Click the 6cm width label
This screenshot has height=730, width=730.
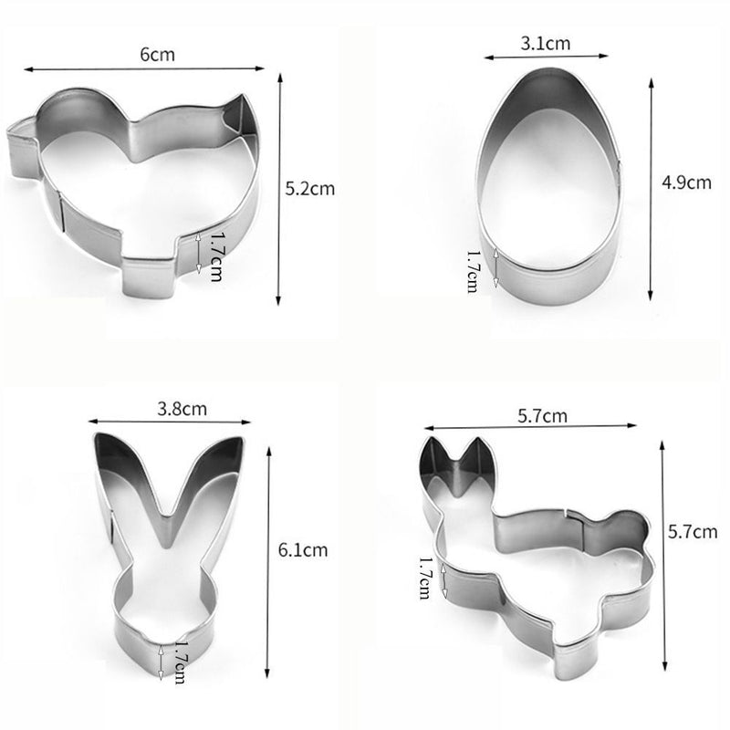tap(157, 55)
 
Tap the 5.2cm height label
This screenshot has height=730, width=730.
tap(309, 189)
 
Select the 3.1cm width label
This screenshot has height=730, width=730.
tap(545, 43)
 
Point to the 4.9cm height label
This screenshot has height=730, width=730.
tap(687, 182)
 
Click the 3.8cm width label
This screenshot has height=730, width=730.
tap(182, 409)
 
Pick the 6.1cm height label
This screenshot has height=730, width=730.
tap(303, 550)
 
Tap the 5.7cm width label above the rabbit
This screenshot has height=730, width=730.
tap(542, 416)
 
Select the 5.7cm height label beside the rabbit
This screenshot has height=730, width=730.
tap(693, 532)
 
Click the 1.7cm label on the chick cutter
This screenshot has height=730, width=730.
tap(215, 256)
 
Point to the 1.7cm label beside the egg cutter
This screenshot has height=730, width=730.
tap(473, 271)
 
